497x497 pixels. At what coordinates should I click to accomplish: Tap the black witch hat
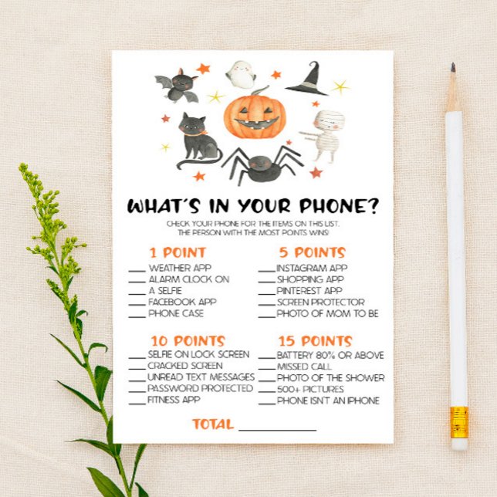[x=306, y=79]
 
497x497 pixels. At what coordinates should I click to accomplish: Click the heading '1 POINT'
[x=177, y=252]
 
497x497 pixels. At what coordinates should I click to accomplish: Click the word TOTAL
[x=212, y=424]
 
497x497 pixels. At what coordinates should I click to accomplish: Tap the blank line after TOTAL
[x=277, y=427]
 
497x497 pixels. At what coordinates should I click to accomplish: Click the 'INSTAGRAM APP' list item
[x=312, y=268]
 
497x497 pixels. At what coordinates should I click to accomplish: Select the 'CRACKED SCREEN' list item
[x=185, y=365]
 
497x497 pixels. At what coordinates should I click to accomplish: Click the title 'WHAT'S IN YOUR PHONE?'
[x=252, y=206]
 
